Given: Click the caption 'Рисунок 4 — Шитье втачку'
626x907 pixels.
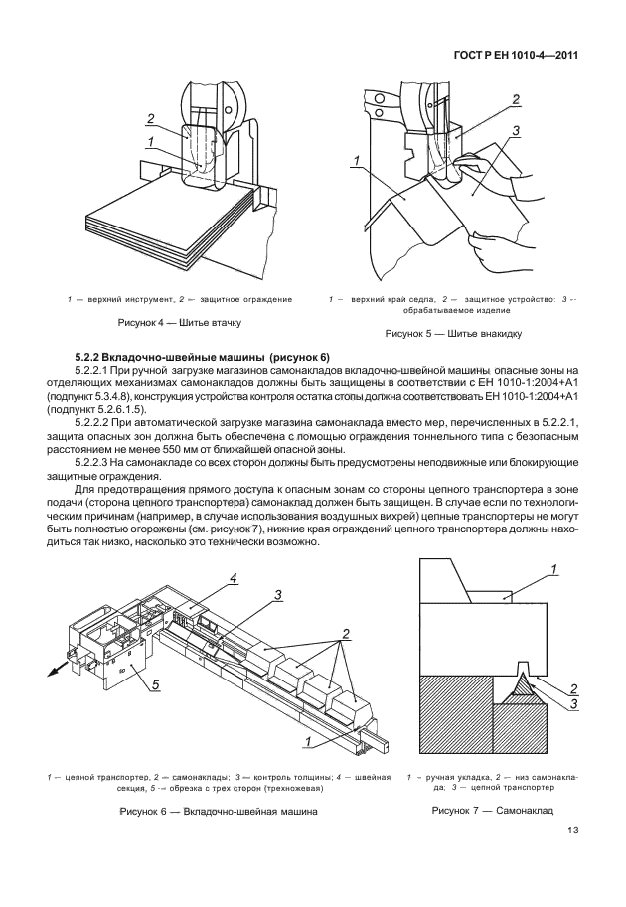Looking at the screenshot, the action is pos(179,322).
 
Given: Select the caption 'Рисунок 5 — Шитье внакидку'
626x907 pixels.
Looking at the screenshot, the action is pos(453,333).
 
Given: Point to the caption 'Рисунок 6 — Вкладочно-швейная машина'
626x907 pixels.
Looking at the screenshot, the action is pos(219,811).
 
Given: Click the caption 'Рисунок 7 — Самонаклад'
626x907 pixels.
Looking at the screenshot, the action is pos(492,810).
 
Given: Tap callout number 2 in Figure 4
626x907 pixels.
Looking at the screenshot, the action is pos(150,120).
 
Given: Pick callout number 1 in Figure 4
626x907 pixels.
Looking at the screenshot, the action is pos(150,141).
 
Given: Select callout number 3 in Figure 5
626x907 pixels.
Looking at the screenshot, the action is pos(516,131).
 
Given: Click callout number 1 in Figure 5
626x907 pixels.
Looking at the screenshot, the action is pos(356,160).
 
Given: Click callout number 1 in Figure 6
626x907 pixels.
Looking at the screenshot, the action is pos(308,741).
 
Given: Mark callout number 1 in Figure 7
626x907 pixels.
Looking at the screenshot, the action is pos(553,570).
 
